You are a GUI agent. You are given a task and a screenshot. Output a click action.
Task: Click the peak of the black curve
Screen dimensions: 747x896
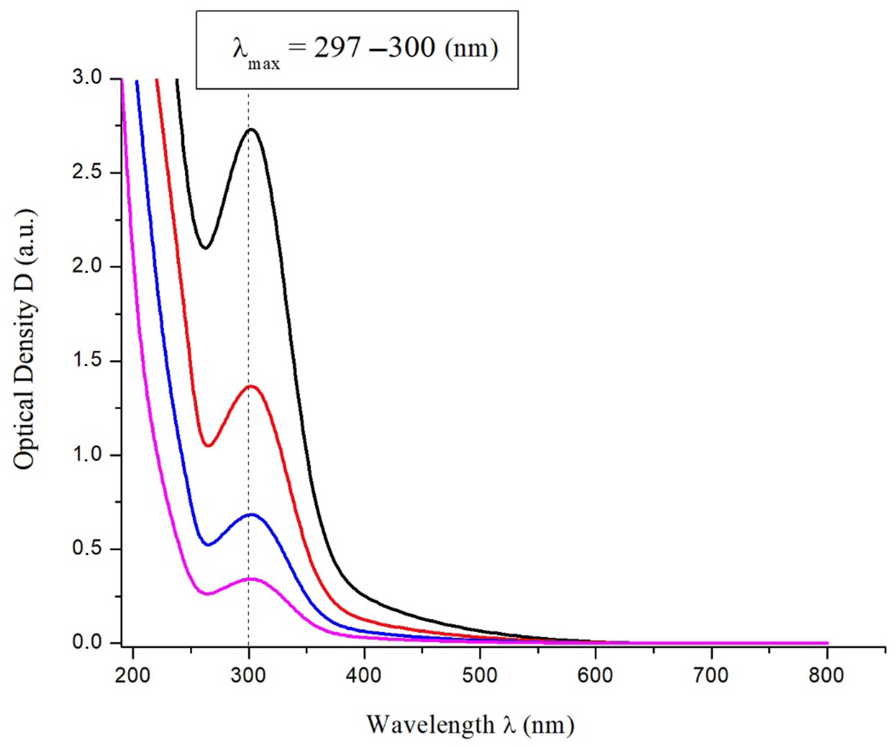252,129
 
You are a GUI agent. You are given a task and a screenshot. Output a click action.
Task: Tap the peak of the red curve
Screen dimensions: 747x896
251,386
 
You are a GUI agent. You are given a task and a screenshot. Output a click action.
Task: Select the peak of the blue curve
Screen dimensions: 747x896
251,515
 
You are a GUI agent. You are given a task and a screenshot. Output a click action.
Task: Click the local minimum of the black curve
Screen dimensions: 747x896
206,247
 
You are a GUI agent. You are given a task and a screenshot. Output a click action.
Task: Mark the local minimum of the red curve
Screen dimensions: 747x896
208,446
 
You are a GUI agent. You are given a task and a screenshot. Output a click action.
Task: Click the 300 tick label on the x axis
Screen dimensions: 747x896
248,676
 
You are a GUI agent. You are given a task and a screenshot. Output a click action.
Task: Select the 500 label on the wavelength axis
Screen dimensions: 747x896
480,676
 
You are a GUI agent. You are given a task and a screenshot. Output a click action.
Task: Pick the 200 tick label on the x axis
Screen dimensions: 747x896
133,676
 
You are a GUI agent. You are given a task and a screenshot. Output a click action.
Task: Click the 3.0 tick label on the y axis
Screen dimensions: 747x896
87,78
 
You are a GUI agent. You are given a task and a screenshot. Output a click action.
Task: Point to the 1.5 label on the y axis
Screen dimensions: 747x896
87,361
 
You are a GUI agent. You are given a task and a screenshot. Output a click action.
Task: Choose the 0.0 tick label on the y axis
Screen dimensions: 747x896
87,642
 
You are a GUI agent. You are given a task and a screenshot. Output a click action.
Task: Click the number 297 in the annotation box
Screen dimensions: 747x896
337,48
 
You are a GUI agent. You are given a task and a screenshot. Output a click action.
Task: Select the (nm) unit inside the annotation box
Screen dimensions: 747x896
471,49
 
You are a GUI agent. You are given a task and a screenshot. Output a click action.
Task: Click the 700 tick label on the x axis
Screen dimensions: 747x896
711,676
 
